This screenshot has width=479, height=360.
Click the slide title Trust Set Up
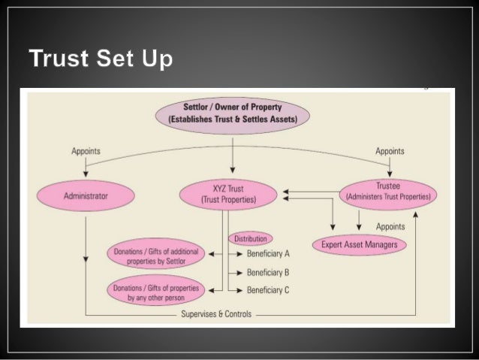[101, 58]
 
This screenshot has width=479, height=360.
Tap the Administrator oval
[86, 196]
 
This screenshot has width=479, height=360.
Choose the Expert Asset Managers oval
[360, 245]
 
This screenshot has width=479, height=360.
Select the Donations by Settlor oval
[156, 254]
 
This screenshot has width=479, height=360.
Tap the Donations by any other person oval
[156, 291]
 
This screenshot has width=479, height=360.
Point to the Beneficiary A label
[268, 254]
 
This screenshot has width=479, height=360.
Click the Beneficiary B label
[268, 272]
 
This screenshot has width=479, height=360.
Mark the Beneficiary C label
[268, 290]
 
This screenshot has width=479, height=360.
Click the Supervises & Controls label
[216, 314]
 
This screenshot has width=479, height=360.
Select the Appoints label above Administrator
[86, 152]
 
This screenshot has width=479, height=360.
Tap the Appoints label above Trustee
[390, 152]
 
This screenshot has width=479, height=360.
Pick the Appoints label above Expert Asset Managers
[390, 225]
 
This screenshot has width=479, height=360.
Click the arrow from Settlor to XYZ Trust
[233, 154]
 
